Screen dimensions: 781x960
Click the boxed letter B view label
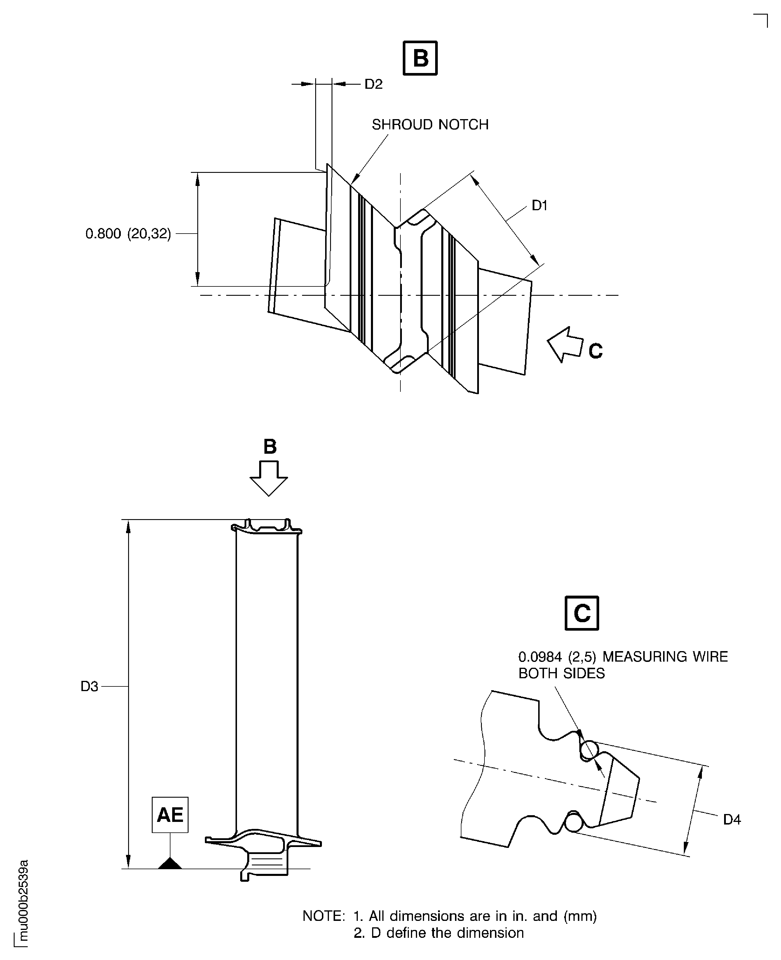[x=420, y=58]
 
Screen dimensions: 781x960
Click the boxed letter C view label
[x=582, y=613]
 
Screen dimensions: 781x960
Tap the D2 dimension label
[x=373, y=84]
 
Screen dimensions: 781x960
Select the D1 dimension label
[x=539, y=206]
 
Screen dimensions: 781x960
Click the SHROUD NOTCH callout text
[x=430, y=125]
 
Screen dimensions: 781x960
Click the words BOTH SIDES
[x=562, y=673]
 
